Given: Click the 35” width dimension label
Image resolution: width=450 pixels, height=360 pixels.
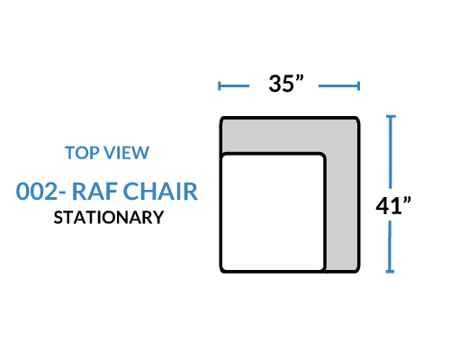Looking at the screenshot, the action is coord(286,84).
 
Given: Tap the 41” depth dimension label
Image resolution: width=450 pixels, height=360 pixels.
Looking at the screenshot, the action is coord(393,205).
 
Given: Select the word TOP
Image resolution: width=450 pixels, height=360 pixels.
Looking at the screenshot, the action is coord(83,152).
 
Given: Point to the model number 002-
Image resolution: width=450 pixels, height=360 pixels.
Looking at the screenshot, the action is coord(40,191).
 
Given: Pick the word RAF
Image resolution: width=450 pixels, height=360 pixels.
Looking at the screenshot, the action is coord(95,191).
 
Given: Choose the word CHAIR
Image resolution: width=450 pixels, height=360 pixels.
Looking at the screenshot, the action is coord(160,191).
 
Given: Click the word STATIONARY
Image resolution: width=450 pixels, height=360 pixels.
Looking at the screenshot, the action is coord(109,218).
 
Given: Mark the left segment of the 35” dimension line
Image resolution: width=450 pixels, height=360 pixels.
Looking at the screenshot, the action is coord(234,85).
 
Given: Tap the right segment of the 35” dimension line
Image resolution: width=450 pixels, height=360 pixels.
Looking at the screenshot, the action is coord(339,85).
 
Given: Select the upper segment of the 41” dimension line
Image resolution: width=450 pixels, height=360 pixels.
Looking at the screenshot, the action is coord(391,152).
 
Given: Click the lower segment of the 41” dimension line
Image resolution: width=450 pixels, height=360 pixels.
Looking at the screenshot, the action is coord(390,247).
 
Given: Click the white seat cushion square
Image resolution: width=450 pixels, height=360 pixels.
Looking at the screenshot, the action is coord(273,212).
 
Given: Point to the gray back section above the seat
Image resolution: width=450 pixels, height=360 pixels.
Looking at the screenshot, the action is coord(290,135).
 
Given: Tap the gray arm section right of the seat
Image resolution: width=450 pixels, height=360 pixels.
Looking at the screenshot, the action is coord(342,210).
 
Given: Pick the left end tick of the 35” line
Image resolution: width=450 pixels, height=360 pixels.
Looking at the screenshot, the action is coord(220,85).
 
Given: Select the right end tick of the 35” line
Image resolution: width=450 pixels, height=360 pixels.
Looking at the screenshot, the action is coord(358,85).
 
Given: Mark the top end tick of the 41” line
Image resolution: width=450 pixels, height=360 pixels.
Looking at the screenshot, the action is coord(391,116).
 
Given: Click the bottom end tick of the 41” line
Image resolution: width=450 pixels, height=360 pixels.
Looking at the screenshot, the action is coord(390,272).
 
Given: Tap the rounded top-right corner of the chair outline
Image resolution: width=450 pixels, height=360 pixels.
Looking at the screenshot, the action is coord(356,120).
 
